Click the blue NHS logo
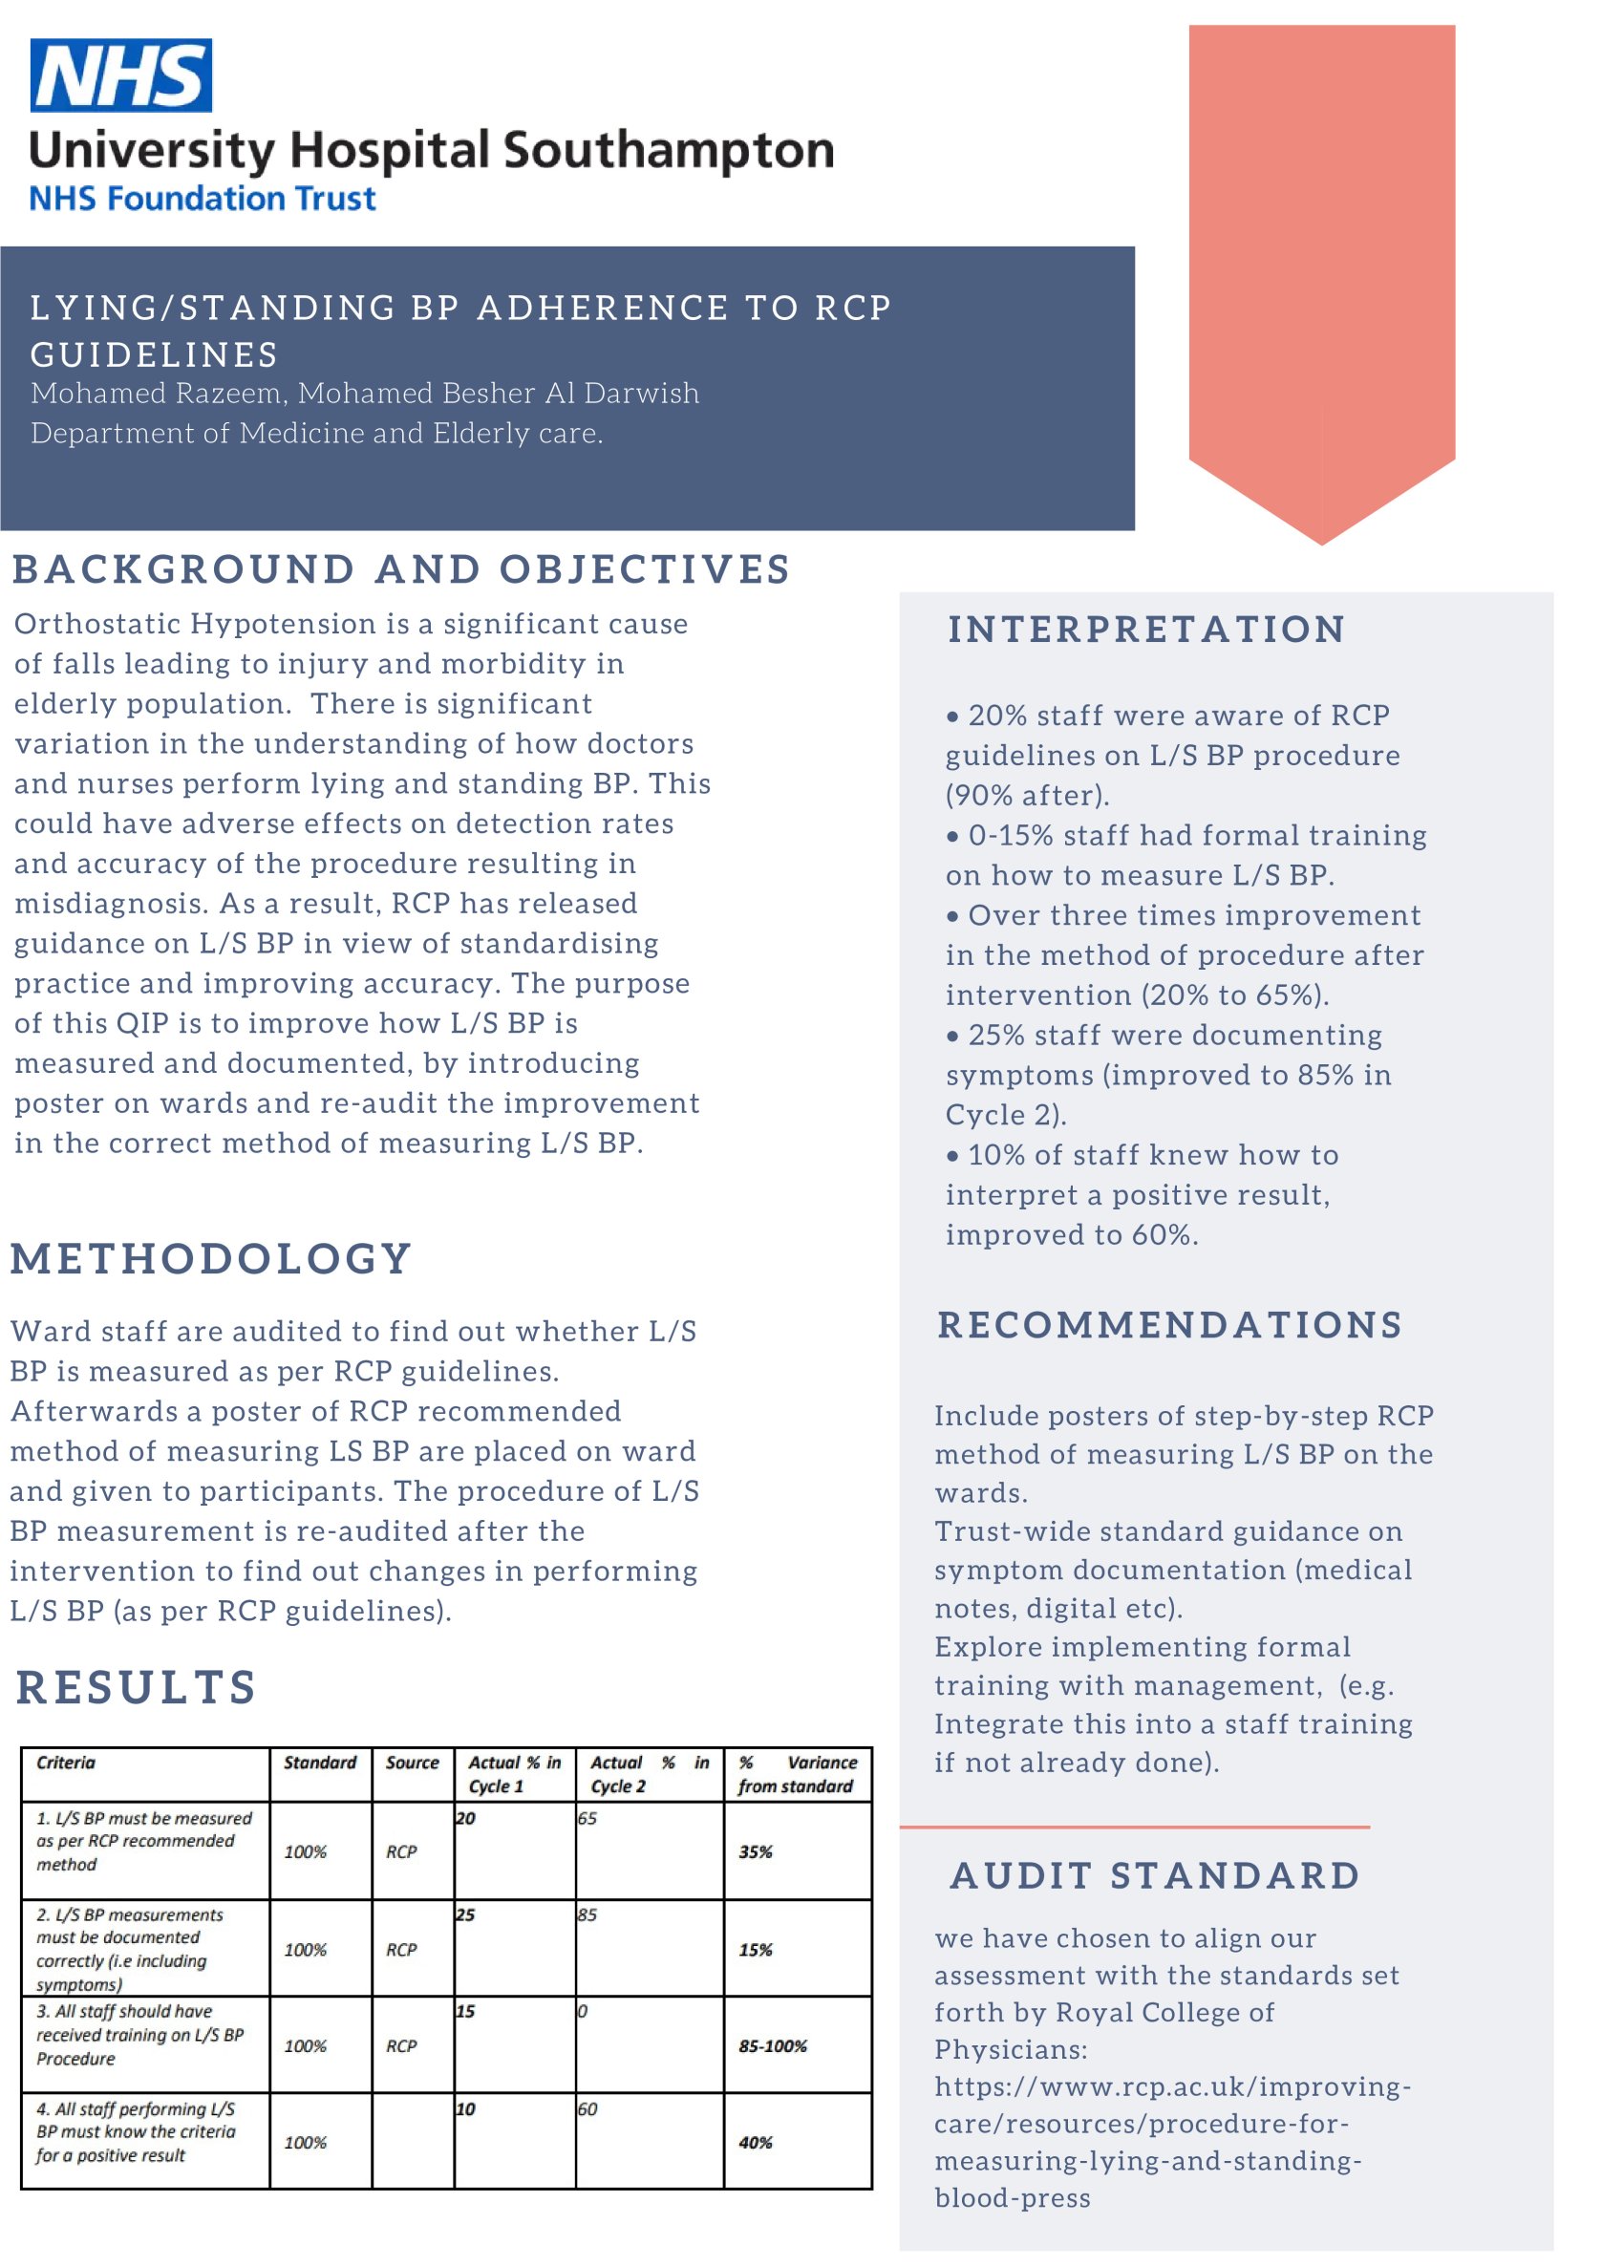point(120,75)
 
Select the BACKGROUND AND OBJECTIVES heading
point(401,569)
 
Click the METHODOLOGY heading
point(211,1259)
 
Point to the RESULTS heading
point(137,1687)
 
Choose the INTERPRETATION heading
point(1146,629)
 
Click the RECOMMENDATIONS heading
point(1169,1325)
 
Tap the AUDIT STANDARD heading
point(1155,1876)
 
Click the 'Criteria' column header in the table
point(66,1763)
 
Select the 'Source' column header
point(412,1763)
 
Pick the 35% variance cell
point(755,1852)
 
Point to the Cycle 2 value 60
point(587,2110)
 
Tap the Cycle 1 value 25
point(465,1915)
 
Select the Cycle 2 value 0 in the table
point(583,2011)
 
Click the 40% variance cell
point(755,2144)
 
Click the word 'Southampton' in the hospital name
point(669,150)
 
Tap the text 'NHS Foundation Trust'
point(203,199)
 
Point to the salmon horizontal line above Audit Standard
point(1133,1828)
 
